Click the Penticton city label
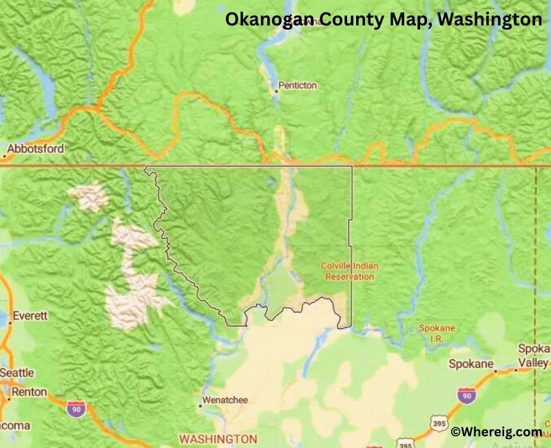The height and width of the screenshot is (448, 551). (x=298, y=86)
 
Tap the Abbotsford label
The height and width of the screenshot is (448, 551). (x=37, y=148)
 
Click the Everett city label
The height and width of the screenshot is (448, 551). (x=29, y=316)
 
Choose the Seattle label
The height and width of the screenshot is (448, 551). (x=17, y=373)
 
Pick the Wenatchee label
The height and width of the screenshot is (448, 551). (x=225, y=400)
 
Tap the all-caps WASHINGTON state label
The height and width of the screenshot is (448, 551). (x=218, y=438)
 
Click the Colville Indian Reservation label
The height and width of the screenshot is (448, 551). (x=349, y=271)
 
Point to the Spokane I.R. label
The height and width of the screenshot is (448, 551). (x=437, y=333)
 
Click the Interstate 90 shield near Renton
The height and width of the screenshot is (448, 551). (x=76, y=408)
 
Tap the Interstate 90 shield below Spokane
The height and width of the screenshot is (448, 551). (x=466, y=396)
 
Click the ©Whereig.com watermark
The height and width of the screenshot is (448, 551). (x=496, y=432)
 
